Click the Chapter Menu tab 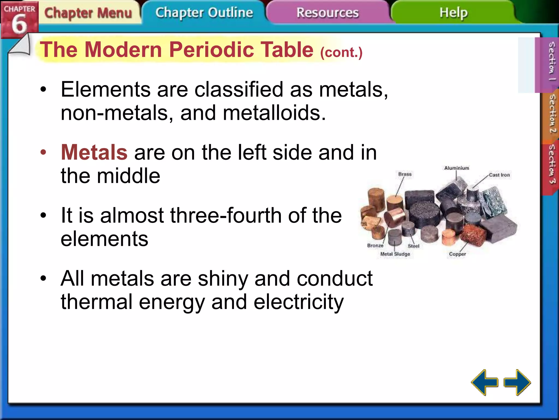pyautogui.click(x=88, y=13)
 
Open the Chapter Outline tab pyautogui.click(x=204, y=13)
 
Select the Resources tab pyautogui.click(x=328, y=13)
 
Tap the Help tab pyautogui.click(x=453, y=13)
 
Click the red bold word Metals pyautogui.click(x=94, y=152)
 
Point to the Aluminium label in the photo pyautogui.click(x=457, y=168)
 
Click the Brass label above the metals pyautogui.click(x=405, y=174)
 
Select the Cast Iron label pyautogui.click(x=499, y=175)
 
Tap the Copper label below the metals pyautogui.click(x=457, y=254)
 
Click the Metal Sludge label pyautogui.click(x=395, y=254)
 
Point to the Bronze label pyautogui.click(x=375, y=246)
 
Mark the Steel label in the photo pyautogui.click(x=414, y=246)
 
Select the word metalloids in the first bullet pyautogui.click(x=274, y=113)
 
